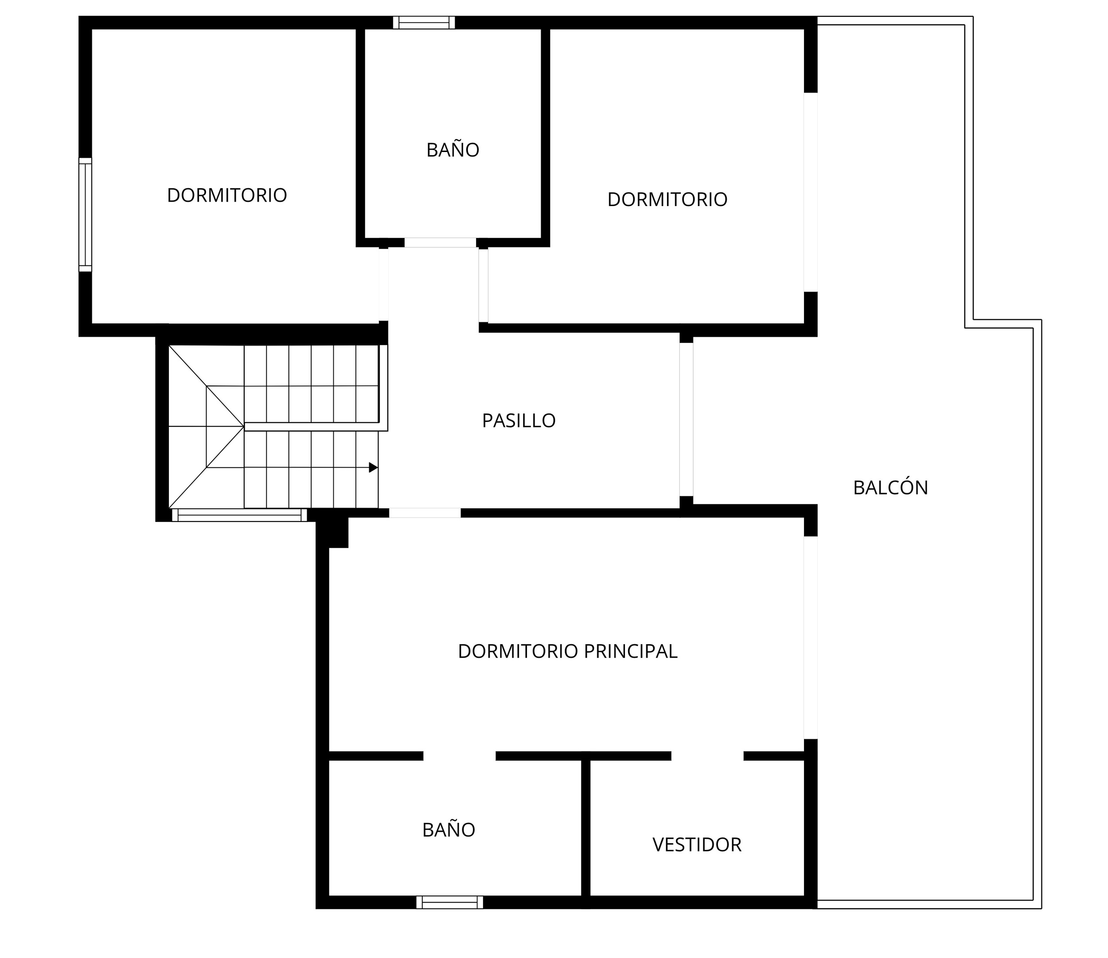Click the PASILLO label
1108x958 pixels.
click(519, 421)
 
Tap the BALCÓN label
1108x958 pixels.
click(890, 487)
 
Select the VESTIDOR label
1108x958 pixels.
click(697, 845)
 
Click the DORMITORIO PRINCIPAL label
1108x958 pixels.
click(567, 651)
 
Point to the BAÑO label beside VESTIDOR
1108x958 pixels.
click(449, 829)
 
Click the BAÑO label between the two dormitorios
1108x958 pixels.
click(453, 149)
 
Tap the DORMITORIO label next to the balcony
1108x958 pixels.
click(667, 199)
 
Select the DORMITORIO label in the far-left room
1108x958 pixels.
click(227, 195)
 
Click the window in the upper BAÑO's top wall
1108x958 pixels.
click(424, 23)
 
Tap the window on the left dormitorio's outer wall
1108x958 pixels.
click(86, 214)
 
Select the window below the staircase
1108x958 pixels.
click(240, 515)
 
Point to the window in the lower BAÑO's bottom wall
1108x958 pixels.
click(450, 903)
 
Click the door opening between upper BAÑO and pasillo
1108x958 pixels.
click(440, 243)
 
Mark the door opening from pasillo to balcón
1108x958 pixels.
click(687, 420)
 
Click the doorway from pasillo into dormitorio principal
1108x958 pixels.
click(425, 513)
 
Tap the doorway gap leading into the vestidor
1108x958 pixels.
click(707, 756)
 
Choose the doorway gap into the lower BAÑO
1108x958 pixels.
click(459, 756)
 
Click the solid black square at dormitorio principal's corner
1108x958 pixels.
click(332, 533)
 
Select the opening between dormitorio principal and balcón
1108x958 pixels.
click(811, 637)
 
